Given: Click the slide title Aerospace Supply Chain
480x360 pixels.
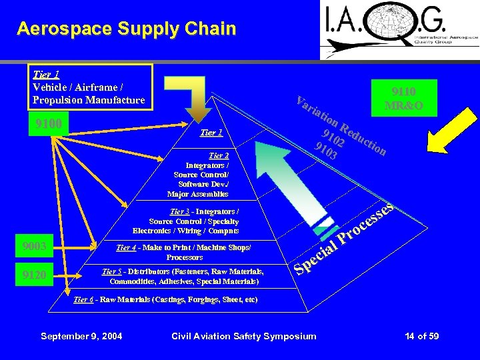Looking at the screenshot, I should click(x=127, y=29).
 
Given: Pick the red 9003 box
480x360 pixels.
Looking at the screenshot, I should click(x=34, y=247).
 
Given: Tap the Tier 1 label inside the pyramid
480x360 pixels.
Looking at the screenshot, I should click(x=211, y=133).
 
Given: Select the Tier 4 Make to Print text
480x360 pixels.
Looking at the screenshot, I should click(x=183, y=252).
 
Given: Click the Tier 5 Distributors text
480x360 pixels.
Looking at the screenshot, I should click(x=182, y=276).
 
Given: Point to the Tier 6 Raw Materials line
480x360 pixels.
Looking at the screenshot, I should click(x=165, y=300).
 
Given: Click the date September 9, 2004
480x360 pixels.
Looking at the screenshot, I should click(x=81, y=336).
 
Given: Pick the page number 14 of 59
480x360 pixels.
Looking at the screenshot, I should click(x=421, y=336).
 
